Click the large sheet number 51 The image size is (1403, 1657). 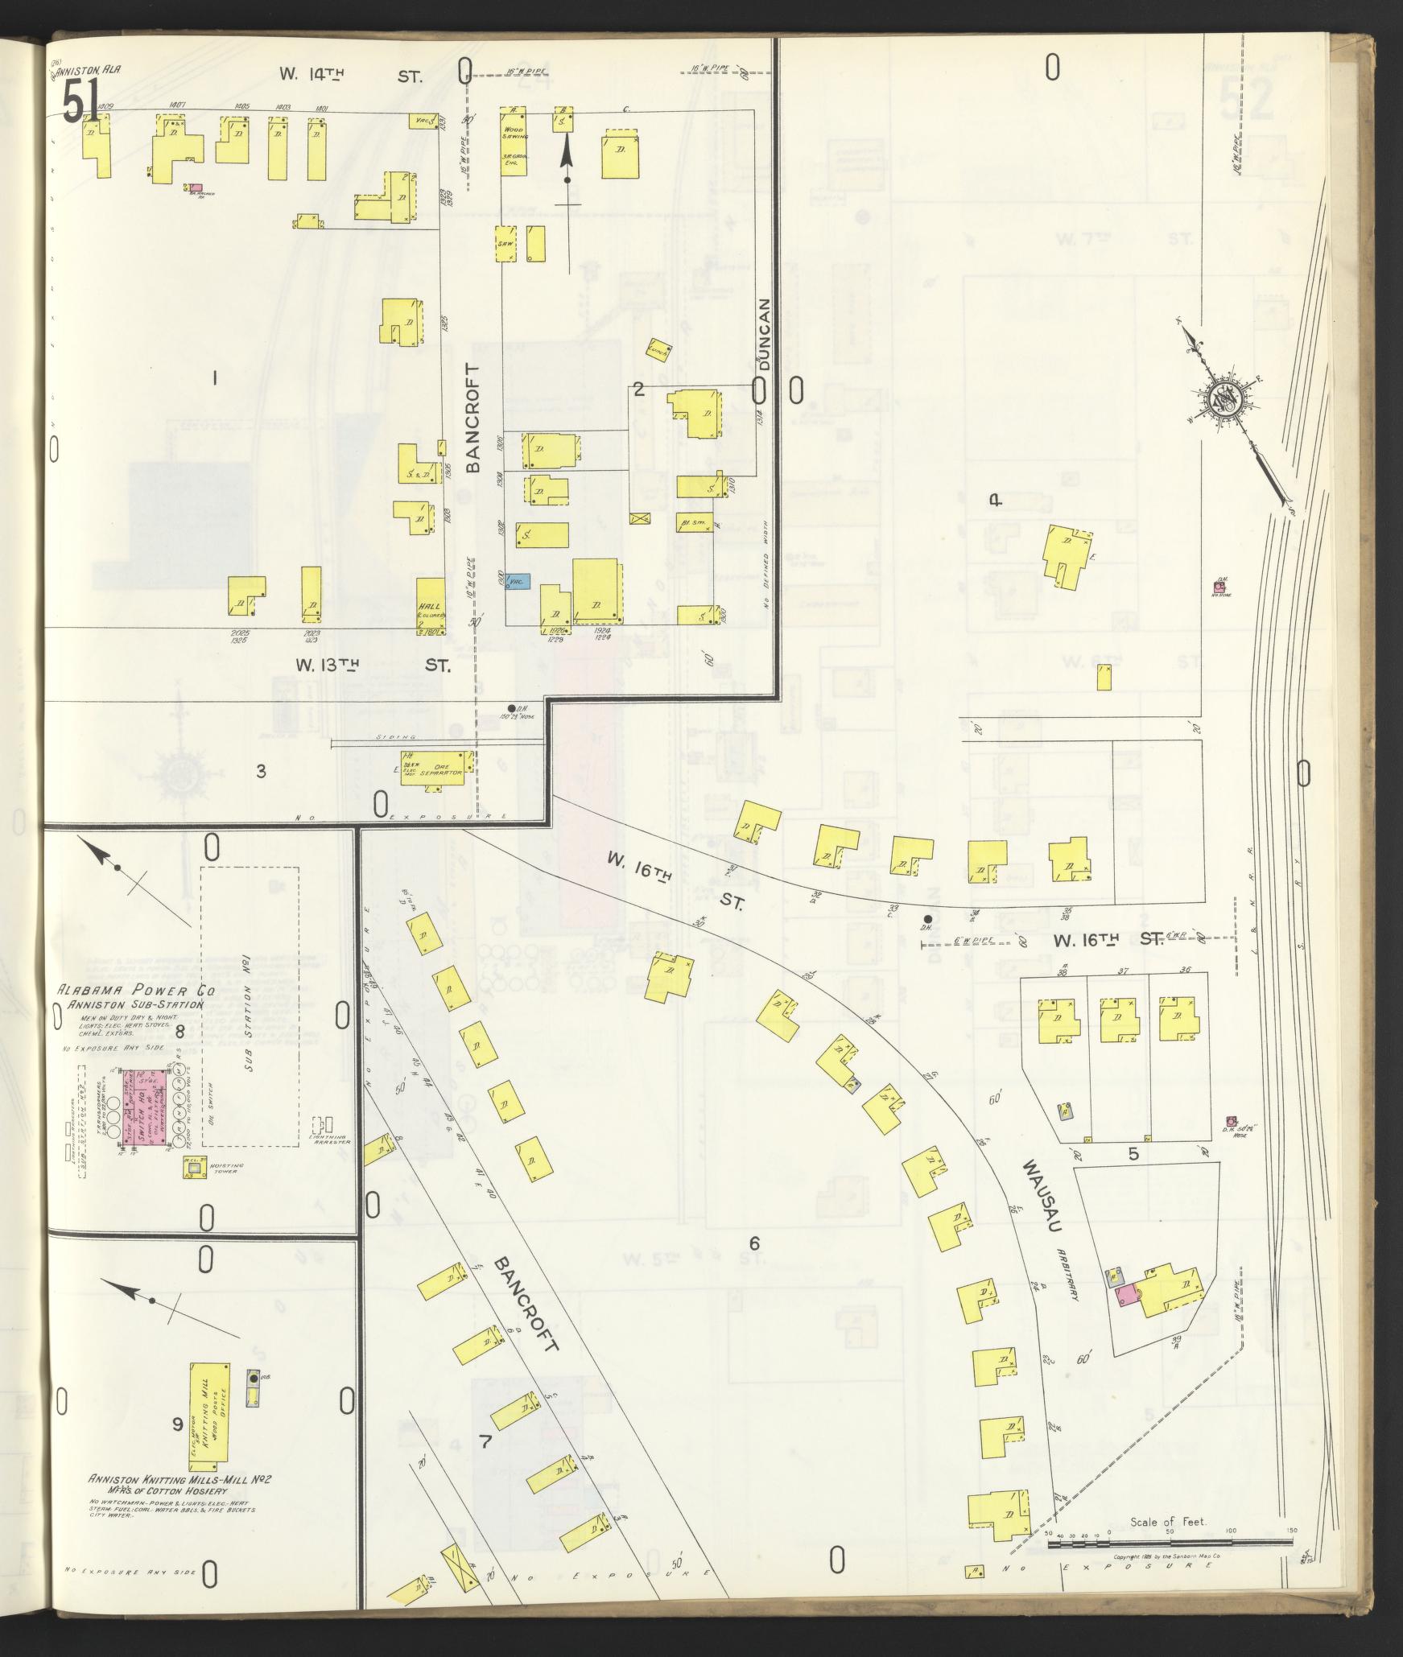point(80,102)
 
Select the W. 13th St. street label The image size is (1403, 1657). point(372,666)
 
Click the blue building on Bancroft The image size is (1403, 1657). point(518,580)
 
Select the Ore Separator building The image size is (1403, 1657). point(436,768)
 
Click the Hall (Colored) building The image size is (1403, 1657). point(431,606)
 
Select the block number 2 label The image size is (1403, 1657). point(638,390)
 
